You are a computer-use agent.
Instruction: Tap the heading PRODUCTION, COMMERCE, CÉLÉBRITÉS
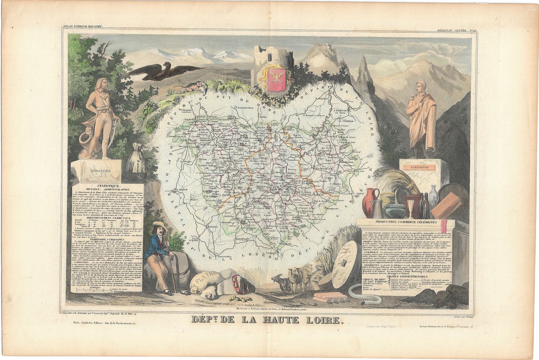[406, 223]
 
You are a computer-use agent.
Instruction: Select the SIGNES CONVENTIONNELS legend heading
[407, 276]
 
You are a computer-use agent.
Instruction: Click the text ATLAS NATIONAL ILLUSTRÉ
[83, 26]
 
